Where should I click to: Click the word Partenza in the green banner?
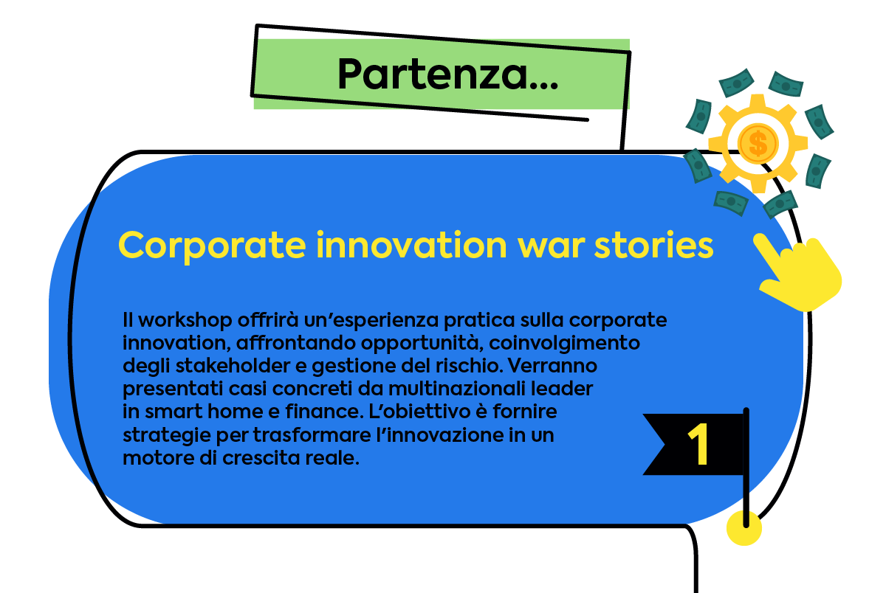(433, 74)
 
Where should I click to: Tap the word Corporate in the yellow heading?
(212, 246)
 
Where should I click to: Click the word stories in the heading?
(654, 246)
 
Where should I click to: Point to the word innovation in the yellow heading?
(411, 245)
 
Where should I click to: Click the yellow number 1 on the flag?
(698, 444)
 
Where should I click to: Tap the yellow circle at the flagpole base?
(744, 528)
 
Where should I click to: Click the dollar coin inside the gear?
(758, 143)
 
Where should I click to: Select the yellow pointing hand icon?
(798, 273)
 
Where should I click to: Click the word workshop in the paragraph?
(185, 321)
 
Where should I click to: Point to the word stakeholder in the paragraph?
(233, 366)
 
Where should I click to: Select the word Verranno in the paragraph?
(552, 366)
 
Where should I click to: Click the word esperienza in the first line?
(385, 321)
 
